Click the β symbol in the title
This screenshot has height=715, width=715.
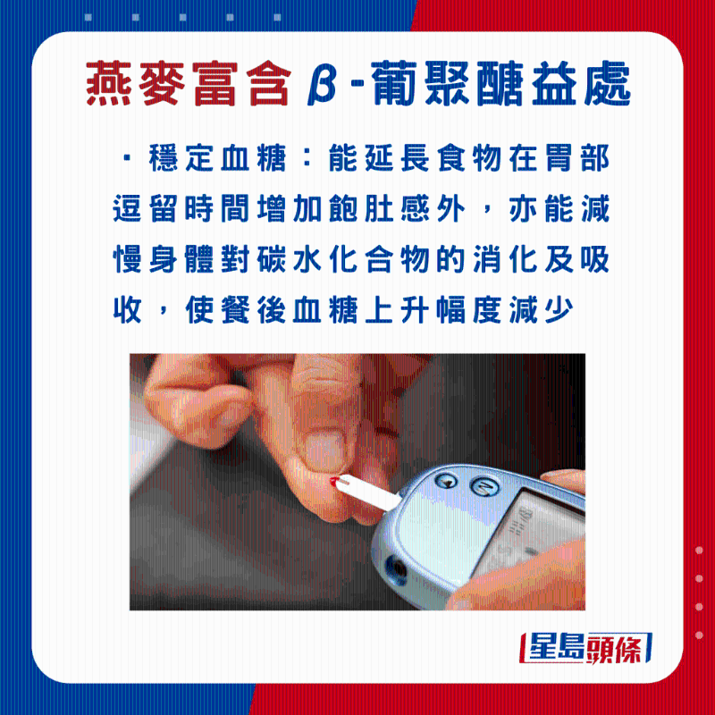[322, 84]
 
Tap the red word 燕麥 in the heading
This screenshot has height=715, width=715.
[136, 84]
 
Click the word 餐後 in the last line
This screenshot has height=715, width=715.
[253, 310]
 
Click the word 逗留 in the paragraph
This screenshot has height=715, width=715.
[145, 209]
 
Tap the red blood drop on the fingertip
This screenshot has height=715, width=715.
[334, 482]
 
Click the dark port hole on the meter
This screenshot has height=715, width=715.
[396, 569]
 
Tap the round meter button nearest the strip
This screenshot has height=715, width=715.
[446, 482]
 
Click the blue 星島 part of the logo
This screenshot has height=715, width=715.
[556, 648]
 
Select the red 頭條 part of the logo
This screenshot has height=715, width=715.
[615, 648]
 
